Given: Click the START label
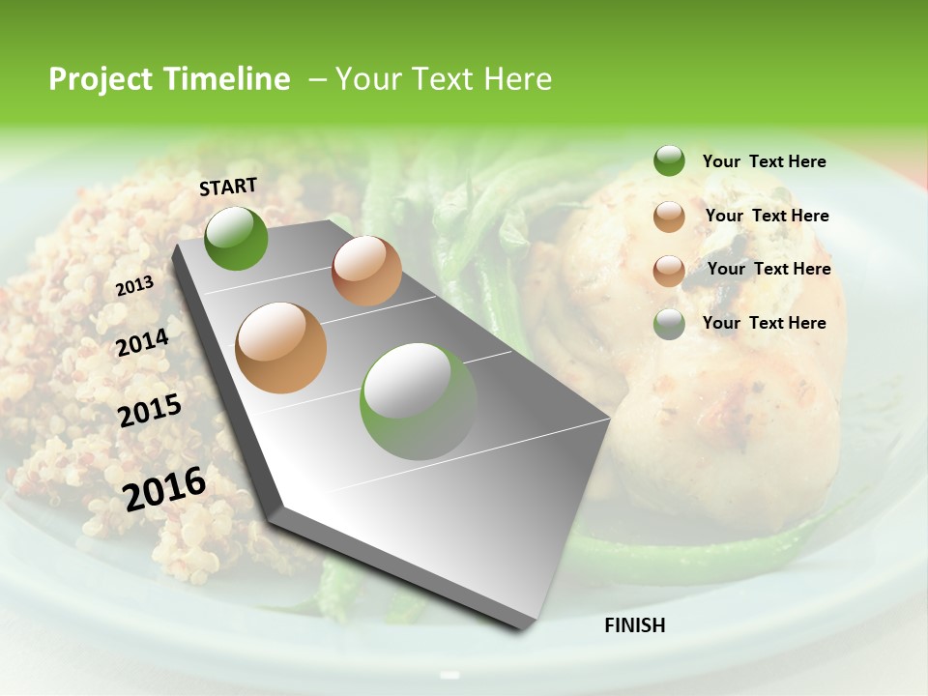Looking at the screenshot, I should pyautogui.click(x=228, y=187).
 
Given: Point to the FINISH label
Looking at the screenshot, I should pyautogui.click(x=634, y=625).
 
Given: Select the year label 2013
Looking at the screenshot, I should pyautogui.click(x=134, y=286).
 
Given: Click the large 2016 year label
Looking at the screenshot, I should pyautogui.click(x=163, y=489).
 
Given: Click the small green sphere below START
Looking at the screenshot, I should pyautogui.click(x=236, y=238).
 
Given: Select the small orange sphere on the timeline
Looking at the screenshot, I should pyautogui.click(x=366, y=271).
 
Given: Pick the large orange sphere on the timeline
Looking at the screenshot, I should pyautogui.click(x=281, y=348).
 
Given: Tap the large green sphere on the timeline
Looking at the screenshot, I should pyautogui.click(x=419, y=400).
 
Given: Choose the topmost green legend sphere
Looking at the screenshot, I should pyautogui.click(x=669, y=161).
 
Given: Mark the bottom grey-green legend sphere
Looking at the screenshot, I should pyautogui.click(x=669, y=324).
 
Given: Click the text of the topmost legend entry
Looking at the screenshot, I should pyautogui.click(x=764, y=161).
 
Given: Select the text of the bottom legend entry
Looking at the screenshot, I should pyautogui.click(x=764, y=323).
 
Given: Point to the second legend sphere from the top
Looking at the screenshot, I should pyautogui.click(x=669, y=217).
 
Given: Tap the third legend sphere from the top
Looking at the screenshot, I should pyautogui.click(x=669, y=271).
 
